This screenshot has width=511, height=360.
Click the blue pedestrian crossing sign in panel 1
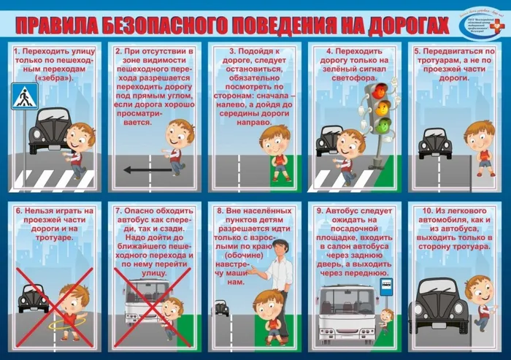click(25, 96)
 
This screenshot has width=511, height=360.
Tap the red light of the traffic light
click(380, 91)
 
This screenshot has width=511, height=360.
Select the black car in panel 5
click(435, 143)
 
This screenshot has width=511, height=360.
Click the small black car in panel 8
click(221, 307)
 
